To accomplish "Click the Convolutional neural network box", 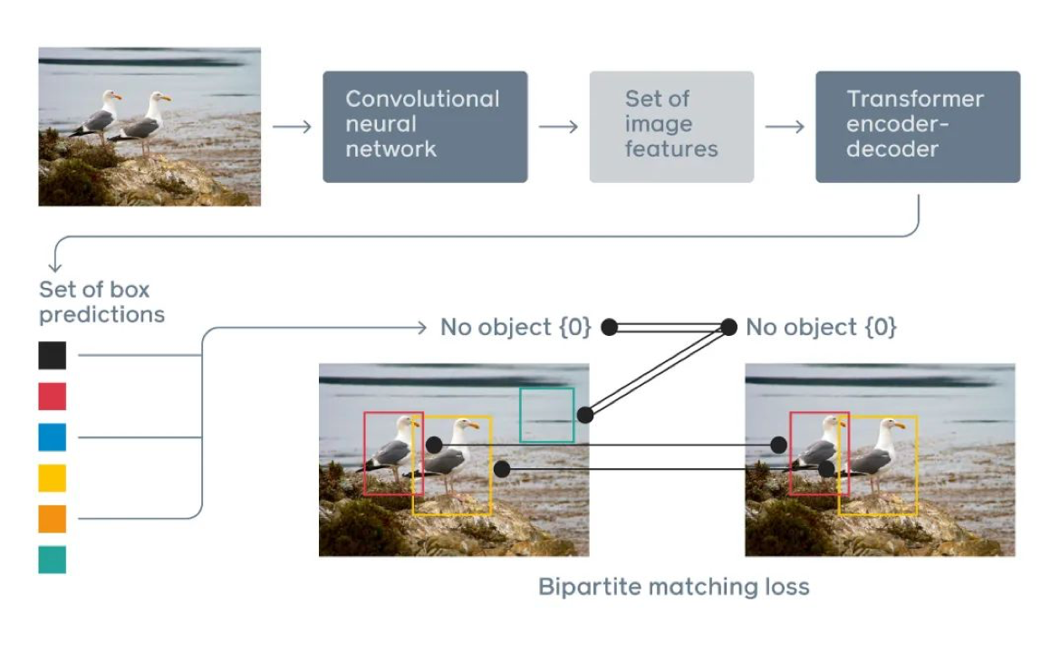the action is tap(425, 127).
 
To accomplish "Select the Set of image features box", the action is tap(671, 127).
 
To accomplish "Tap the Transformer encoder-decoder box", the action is tap(918, 127).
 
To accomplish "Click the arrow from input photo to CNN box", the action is tap(292, 127).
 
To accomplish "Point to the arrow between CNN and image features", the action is tap(558, 127).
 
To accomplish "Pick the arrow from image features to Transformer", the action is tap(785, 127).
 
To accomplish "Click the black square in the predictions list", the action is tap(52, 355).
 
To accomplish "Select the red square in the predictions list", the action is tap(52, 397).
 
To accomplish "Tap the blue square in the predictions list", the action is tap(52, 437).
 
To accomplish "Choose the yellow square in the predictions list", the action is tap(52, 478).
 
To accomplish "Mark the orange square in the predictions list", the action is tap(52, 519).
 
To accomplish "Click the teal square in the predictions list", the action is tap(52, 561).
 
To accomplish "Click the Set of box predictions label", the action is tap(101, 302).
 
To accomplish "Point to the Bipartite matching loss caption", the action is tap(673, 587).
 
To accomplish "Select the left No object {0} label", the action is tap(516, 327).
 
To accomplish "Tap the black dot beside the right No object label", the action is tap(728, 327).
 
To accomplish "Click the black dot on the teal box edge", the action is tap(585, 415).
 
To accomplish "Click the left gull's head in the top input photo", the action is tap(111, 95).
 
